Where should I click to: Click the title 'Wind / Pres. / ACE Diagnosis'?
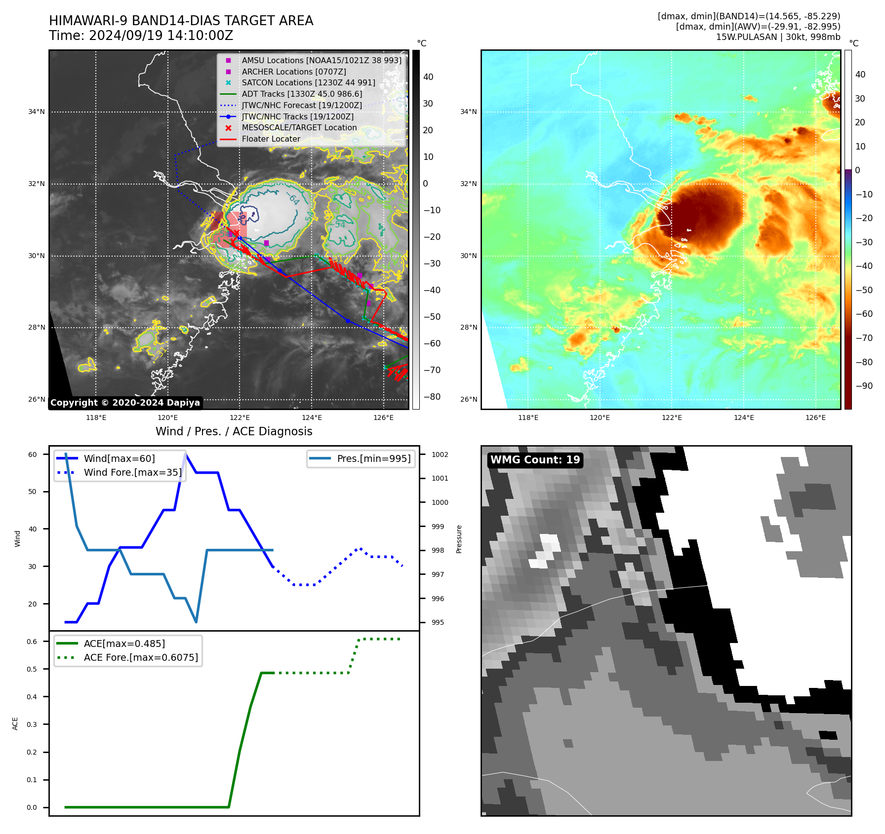pyautogui.click(x=234, y=431)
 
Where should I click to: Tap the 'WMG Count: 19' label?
pyautogui.click(x=535, y=460)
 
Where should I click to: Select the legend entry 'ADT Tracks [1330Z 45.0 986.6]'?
pyautogui.click(x=302, y=94)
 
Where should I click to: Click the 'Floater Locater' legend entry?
pyautogui.click(x=271, y=139)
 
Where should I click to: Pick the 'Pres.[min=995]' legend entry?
pyautogui.click(x=373, y=458)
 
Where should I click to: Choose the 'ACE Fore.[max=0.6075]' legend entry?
pyautogui.click(x=141, y=657)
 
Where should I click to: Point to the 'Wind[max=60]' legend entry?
pyautogui.click(x=119, y=458)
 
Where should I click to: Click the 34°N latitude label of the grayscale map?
pyautogui.click(x=36, y=112)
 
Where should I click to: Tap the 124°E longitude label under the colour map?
pyautogui.click(x=744, y=417)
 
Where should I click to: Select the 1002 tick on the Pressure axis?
pyautogui.click(x=440, y=455)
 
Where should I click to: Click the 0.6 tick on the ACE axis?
pyautogui.click(x=32, y=642)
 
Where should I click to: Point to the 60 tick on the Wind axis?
pyautogui.click(x=33, y=455)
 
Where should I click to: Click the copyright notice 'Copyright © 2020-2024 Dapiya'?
pyautogui.click(x=125, y=403)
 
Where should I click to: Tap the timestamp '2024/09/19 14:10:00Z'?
pyautogui.click(x=161, y=36)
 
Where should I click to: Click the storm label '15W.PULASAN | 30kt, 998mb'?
pyautogui.click(x=778, y=37)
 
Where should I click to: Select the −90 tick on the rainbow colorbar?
pyautogui.click(x=864, y=386)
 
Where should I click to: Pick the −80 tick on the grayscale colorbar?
pyautogui.click(x=432, y=397)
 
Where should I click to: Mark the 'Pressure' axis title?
pyautogui.click(x=459, y=539)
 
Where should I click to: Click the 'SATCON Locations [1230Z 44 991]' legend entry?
pyautogui.click(x=308, y=82)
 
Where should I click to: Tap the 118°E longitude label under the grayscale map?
pyautogui.click(x=96, y=417)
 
